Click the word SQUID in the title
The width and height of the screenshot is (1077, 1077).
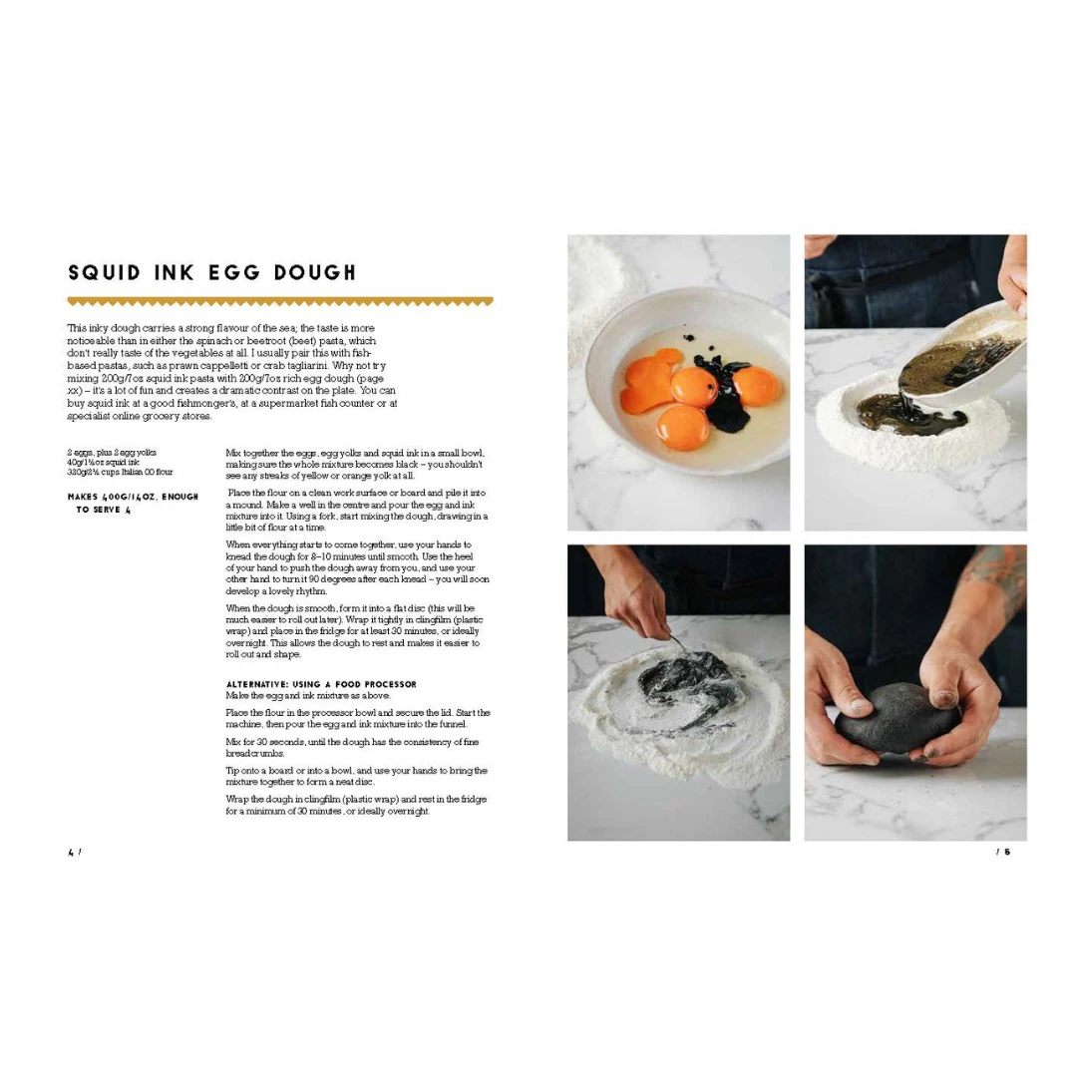(x=104, y=272)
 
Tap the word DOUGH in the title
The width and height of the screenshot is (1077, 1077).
(x=315, y=272)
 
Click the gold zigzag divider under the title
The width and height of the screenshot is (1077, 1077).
(x=280, y=301)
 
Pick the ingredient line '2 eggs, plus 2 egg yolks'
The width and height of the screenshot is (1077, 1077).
(x=112, y=453)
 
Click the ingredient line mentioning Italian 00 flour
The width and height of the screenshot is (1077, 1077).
(x=121, y=472)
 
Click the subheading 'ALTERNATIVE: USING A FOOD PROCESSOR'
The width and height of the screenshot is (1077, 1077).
(x=321, y=684)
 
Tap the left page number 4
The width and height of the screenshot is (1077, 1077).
(x=71, y=853)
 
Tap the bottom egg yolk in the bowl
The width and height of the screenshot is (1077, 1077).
(x=682, y=427)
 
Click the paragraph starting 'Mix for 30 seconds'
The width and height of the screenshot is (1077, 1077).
(x=352, y=747)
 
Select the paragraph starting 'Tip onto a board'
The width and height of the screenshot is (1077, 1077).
(x=356, y=776)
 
